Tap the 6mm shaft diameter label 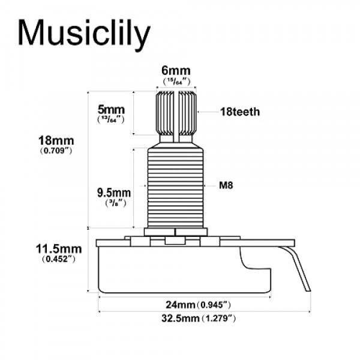[x=176, y=71]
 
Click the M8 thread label [x=226, y=185]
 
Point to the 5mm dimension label [x=111, y=110]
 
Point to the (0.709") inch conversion [x=56, y=152]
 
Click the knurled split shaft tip [x=176, y=111]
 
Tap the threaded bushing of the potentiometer [x=176, y=186]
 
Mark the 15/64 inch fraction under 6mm [x=176, y=81]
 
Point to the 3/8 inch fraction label [x=113, y=203]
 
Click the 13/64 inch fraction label [x=110, y=121]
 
